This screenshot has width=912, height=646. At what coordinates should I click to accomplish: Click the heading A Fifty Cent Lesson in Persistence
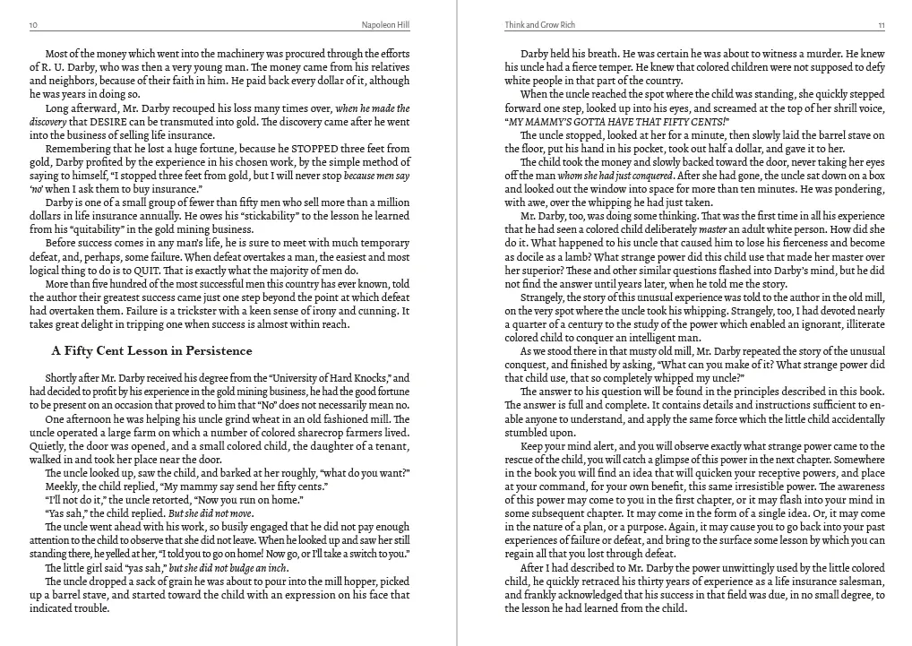pyautogui.click(x=151, y=350)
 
